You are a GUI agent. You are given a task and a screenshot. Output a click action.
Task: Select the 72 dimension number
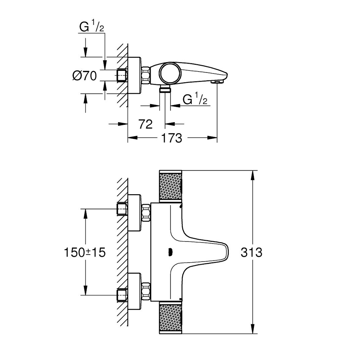pyautogui.click(x=145, y=124)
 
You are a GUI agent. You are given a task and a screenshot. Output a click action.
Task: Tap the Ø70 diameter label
pyautogui.click(x=84, y=76)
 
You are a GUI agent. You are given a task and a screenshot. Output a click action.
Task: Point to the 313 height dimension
pyautogui.click(x=251, y=252)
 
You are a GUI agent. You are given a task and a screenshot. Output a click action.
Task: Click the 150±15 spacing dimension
pyautogui.click(x=84, y=252)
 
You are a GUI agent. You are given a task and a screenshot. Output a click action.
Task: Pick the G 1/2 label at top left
pyautogui.click(x=92, y=27)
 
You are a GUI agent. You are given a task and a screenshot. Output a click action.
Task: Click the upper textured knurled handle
pyautogui.click(x=170, y=186)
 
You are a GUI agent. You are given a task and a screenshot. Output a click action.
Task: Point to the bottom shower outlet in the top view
pyautogui.click(x=165, y=89)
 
